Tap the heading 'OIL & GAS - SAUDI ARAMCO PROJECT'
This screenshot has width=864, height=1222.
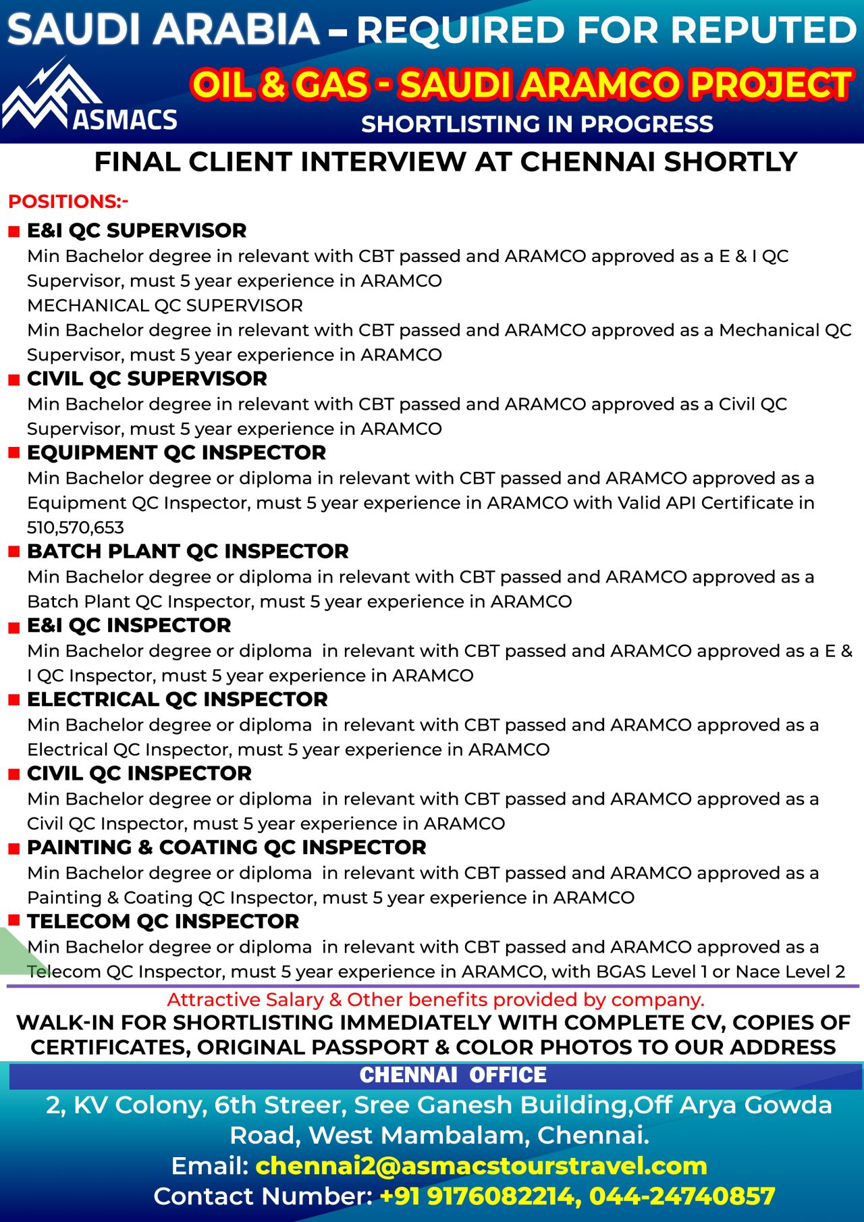(x=521, y=85)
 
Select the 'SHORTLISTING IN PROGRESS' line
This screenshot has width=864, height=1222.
(x=537, y=124)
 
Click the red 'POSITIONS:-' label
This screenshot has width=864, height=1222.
(x=68, y=201)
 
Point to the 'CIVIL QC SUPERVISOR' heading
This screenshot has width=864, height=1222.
(x=146, y=379)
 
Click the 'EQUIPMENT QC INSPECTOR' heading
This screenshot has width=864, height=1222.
(x=176, y=452)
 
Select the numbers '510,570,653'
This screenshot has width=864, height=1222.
(x=76, y=527)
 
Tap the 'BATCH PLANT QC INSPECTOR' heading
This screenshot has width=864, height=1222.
(x=188, y=551)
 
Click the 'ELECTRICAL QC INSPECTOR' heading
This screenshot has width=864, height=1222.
(x=177, y=699)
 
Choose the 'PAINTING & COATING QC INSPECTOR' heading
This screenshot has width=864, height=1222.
(x=226, y=847)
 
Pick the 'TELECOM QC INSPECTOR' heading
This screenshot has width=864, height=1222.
(x=163, y=922)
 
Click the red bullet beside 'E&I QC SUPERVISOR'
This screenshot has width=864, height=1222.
(x=13, y=232)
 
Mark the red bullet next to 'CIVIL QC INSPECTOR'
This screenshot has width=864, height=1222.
(x=13, y=774)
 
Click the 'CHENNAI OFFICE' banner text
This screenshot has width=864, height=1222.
(x=453, y=1075)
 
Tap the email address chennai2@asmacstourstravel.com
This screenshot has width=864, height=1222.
(x=481, y=1165)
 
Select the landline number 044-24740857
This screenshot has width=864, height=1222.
(x=682, y=1196)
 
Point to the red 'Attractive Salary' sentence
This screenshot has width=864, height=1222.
(x=435, y=999)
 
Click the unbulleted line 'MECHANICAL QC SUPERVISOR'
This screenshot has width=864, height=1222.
(x=165, y=305)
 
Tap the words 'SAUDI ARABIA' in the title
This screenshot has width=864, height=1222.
(x=163, y=30)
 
